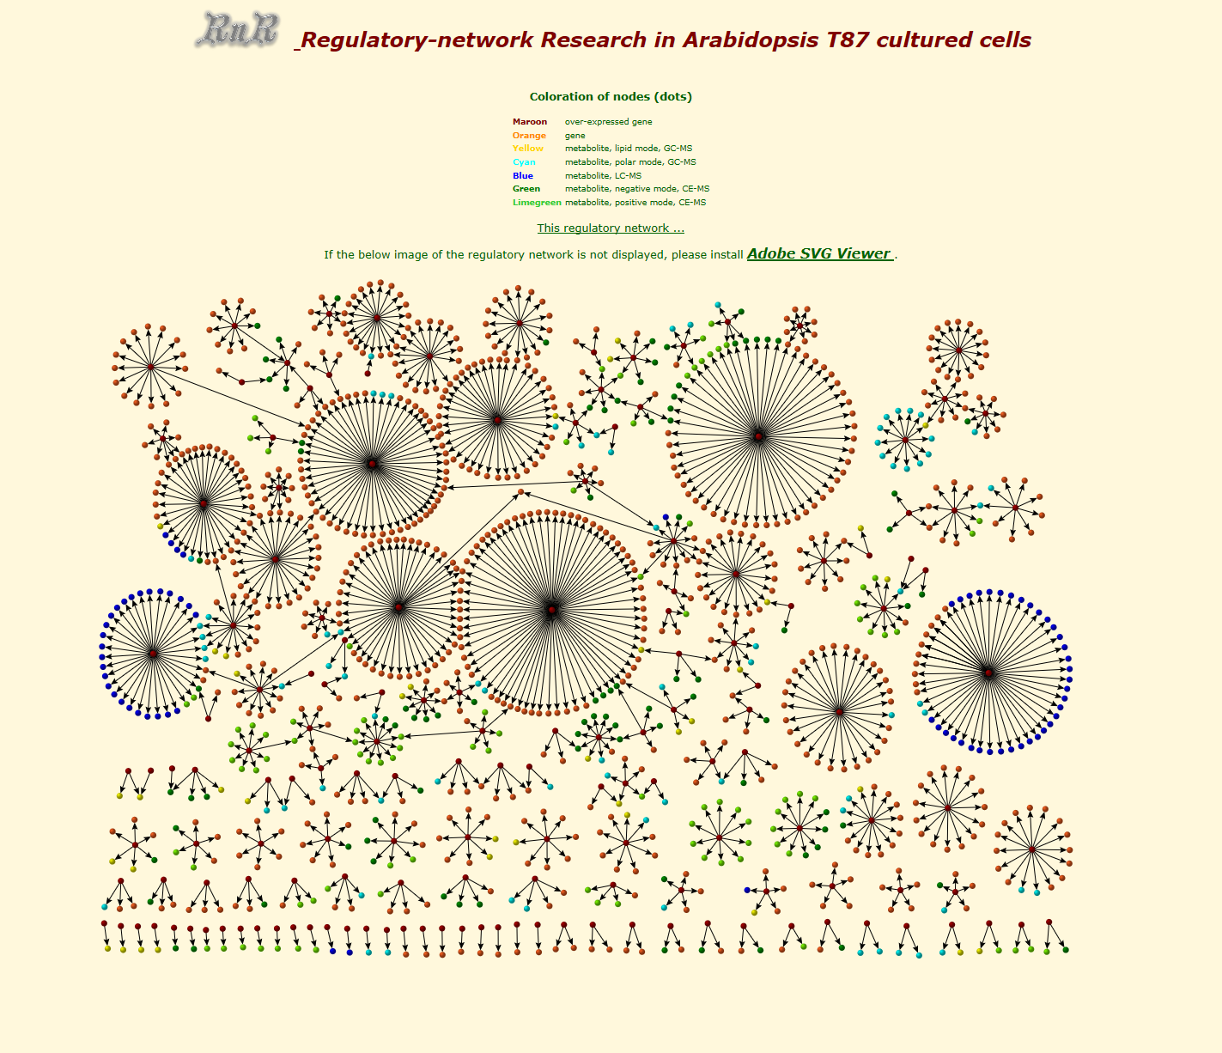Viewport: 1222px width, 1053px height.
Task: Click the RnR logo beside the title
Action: [238, 29]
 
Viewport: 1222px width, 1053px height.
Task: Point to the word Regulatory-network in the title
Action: [417, 40]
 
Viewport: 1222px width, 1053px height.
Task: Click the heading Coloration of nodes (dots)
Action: [611, 96]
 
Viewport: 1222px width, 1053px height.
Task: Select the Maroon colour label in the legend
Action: [530, 122]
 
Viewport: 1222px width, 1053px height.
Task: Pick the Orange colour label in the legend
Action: [529, 136]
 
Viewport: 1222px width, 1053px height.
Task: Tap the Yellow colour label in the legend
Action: [528, 149]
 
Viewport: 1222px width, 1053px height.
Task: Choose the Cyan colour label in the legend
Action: [524, 162]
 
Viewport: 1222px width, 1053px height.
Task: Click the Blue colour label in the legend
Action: [523, 175]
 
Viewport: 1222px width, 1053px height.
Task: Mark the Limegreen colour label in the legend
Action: [537, 202]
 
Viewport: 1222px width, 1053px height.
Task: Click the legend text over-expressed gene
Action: [608, 122]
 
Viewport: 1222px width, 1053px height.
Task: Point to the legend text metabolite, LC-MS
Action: [603, 175]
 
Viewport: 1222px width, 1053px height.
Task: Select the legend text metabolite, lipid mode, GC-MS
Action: [629, 149]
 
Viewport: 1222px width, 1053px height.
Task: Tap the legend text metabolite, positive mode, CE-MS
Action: [635, 202]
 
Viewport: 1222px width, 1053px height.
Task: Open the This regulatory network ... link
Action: [611, 228]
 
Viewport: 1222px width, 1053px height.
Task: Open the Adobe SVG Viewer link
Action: [820, 253]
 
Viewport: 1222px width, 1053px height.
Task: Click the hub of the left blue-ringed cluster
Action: [153, 654]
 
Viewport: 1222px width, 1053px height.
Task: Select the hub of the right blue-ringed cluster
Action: [988, 673]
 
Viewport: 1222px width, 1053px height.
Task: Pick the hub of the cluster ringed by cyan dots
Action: [905, 440]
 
